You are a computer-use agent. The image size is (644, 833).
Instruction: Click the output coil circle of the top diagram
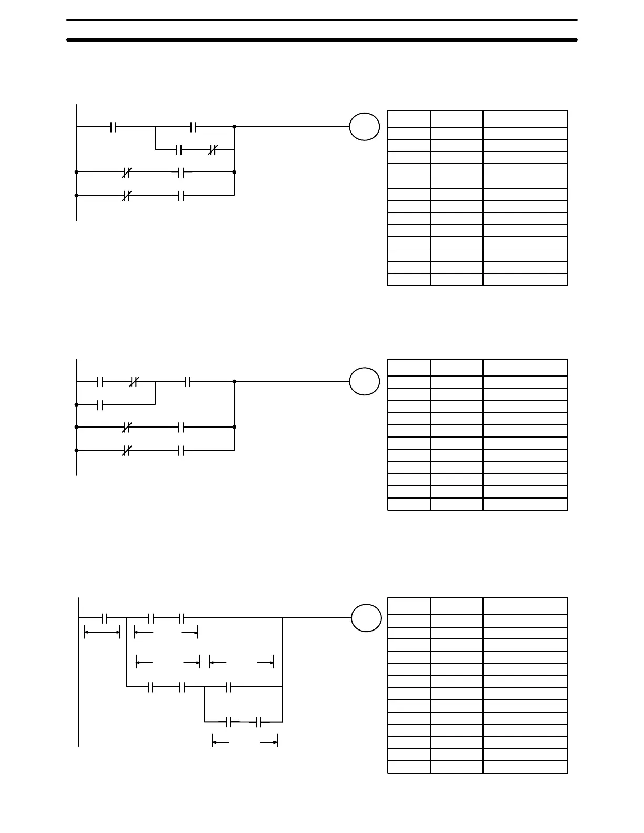pyautogui.click(x=364, y=127)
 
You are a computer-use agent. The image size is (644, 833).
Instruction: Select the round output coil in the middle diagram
pyautogui.click(x=364, y=381)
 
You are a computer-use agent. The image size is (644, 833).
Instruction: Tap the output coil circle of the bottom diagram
pyautogui.click(x=366, y=618)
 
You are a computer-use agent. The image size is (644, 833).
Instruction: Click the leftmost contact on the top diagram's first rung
pyautogui.click(x=113, y=127)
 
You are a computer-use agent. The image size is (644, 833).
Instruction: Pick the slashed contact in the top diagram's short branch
pyautogui.click(x=212, y=150)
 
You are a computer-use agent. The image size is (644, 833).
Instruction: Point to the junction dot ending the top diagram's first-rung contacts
pyautogui.click(x=234, y=127)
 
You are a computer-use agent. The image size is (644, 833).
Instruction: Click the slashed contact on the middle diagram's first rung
pyautogui.click(x=134, y=382)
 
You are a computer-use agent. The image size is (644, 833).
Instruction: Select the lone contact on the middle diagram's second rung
pyautogui.click(x=100, y=405)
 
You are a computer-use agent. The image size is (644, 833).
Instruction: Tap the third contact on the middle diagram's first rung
pyautogui.click(x=188, y=382)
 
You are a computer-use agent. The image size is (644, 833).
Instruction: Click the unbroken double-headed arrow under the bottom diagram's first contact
pyautogui.click(x=103, y=632)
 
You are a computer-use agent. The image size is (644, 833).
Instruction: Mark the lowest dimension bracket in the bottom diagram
pyautogui.click(x=245, y=742)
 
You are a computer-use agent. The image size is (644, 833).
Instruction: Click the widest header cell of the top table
pyautogui.click(x=525, y=118)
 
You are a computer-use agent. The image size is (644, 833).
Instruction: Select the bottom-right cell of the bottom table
pyautogui.click(x=525, y=767)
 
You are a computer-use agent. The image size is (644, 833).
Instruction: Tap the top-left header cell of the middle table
pyautogui.click(x=409, y=368)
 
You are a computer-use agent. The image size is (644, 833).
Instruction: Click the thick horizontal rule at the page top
pyautogui.click(x=322, y=40)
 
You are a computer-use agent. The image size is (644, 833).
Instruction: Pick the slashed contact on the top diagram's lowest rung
pyautogui.click(x=126, y=196)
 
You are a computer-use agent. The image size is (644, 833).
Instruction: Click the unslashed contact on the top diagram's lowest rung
pyautogui.click(x=180, y=196)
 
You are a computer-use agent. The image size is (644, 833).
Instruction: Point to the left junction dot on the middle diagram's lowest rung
pyautogui.click(x=77, y=450)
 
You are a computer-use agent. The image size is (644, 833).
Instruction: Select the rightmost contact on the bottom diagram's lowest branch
pyautogui.click(x=259, y=723)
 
